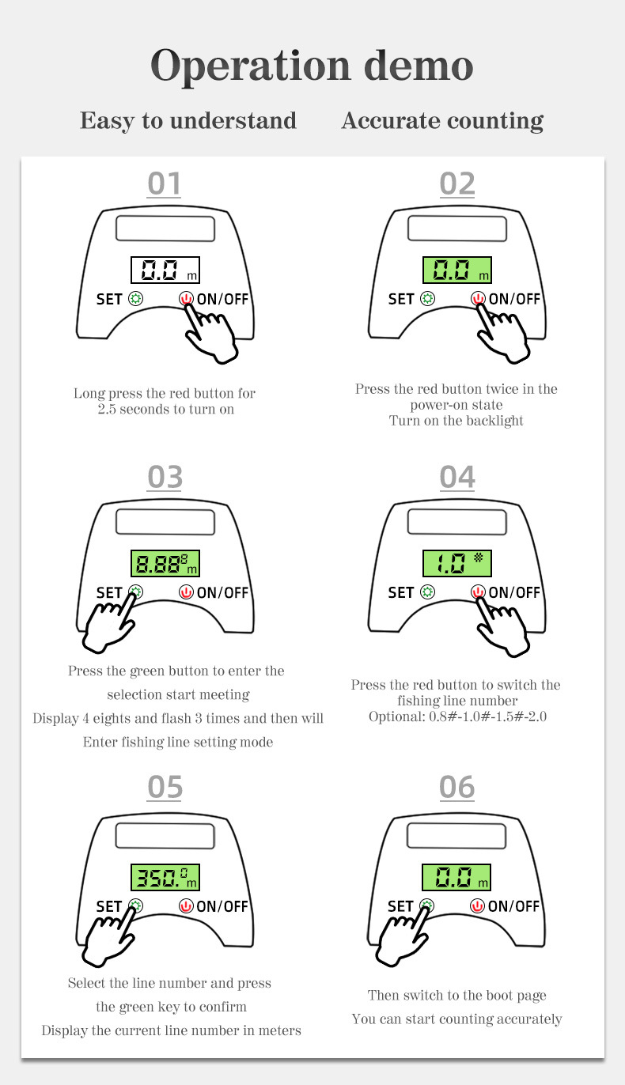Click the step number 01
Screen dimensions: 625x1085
165,183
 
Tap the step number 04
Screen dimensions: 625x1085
456,477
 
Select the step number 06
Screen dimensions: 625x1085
456,787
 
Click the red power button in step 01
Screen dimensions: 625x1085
186,298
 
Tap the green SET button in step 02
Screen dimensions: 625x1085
427,298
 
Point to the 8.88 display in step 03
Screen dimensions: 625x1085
165,563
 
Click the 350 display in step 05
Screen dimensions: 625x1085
165,877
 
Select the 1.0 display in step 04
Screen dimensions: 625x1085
456,563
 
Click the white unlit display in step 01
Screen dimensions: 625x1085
165,270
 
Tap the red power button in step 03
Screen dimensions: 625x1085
186,592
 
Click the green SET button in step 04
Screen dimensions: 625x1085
427,592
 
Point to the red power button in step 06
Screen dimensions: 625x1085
477,905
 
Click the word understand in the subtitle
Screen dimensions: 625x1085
233,120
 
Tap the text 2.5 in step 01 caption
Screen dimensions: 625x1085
107,410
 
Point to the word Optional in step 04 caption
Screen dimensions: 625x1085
397,716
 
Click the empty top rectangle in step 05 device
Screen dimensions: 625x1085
165,837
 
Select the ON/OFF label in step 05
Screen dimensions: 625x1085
222,906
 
